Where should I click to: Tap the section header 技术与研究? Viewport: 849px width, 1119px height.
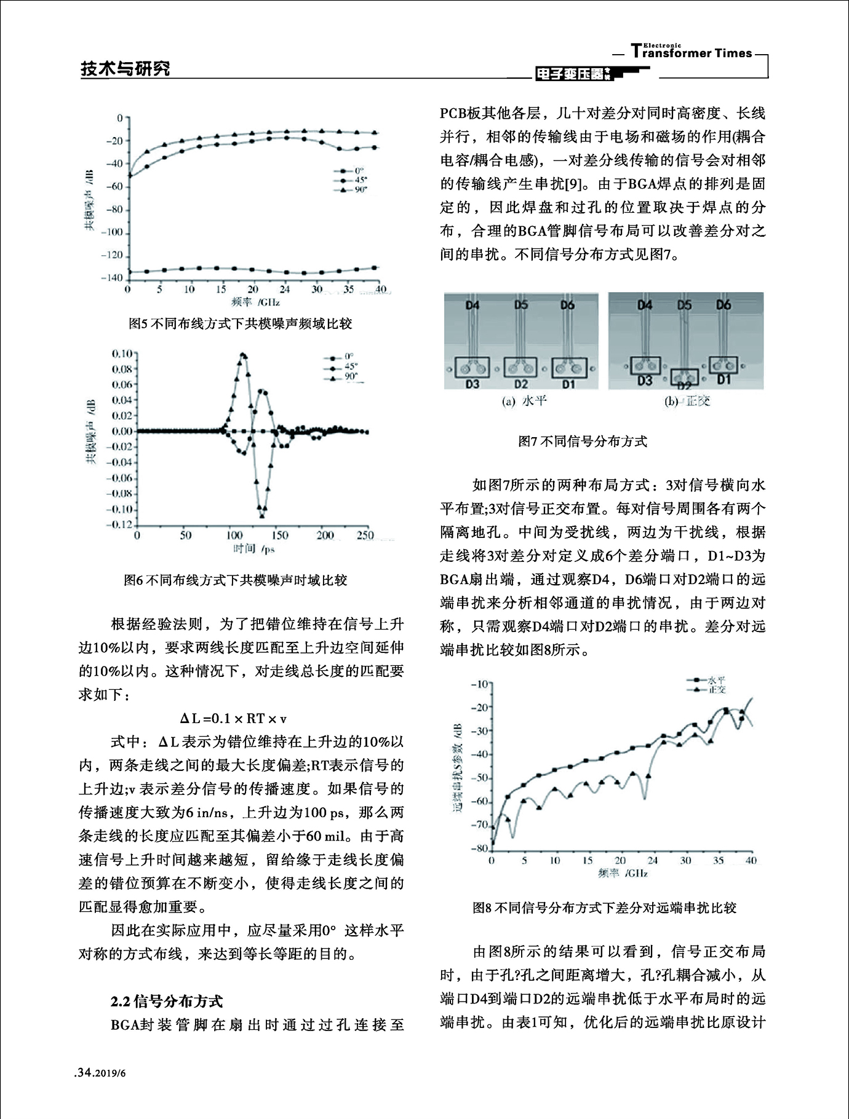[126, 68]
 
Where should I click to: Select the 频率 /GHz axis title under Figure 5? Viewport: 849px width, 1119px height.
[255, 302]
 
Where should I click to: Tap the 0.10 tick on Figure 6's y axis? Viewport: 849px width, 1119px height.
[122, 354]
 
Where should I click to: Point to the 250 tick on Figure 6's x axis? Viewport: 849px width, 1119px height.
[365, 536]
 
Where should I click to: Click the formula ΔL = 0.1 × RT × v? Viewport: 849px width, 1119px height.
[233, 718]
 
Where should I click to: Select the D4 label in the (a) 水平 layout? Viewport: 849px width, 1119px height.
[472, 305]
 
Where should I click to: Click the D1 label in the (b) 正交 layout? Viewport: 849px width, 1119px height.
[724, 380]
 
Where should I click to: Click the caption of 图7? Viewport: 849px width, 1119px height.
[583, 441]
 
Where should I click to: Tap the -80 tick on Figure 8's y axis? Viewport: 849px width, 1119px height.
[478, 848]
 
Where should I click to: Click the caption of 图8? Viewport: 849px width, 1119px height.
[604, 907]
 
